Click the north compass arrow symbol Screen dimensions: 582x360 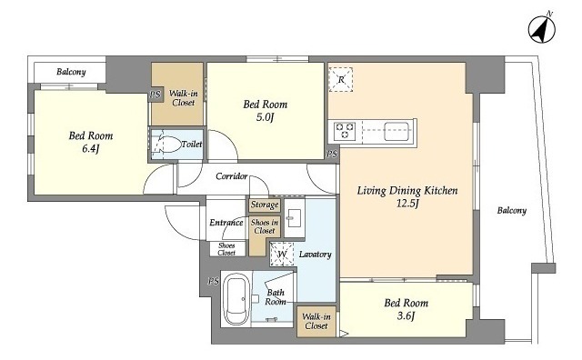(x=542, y=29)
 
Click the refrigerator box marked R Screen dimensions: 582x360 (x=341, y=79)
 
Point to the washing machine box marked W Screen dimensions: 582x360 (x=282, y=255)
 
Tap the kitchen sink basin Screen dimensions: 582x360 (x=396, y=131)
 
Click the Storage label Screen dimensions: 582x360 (x=265, y=205)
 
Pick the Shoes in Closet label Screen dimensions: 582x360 (x=265, y=226)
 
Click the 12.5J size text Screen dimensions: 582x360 (x=407, y=204)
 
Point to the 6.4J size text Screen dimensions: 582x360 (x=91, y=149)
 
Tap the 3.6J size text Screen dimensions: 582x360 (x=406, y=316)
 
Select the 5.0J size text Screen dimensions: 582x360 (x=265, y=117)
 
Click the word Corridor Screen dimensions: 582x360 (x=232, y=176)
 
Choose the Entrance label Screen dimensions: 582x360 (x=226, y=223)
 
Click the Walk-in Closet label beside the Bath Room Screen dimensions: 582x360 (x=316, y=322)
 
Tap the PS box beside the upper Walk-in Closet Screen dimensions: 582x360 (x=156, y=95)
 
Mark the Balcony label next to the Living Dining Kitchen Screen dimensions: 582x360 (x=512, y=211)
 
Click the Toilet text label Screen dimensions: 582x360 (x=192, y=144)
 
